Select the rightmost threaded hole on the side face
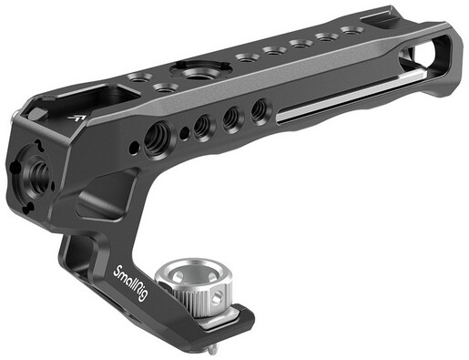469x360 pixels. (x=260, y=108)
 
